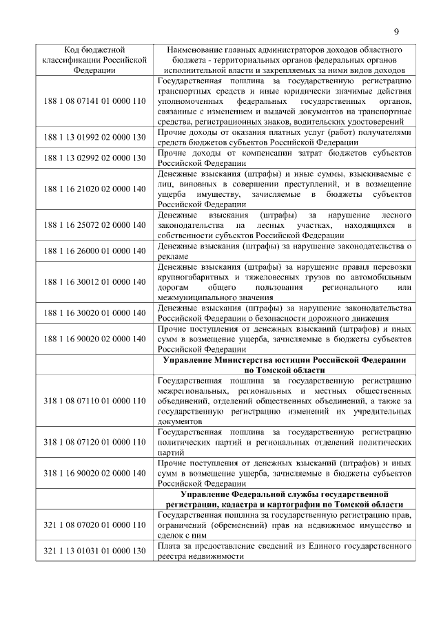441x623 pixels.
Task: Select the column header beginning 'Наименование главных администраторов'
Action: tap(284, 59)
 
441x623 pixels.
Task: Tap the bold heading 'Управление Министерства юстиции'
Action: tap(284, 365)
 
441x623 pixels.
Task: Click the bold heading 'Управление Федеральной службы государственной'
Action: tap(284, 500)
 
